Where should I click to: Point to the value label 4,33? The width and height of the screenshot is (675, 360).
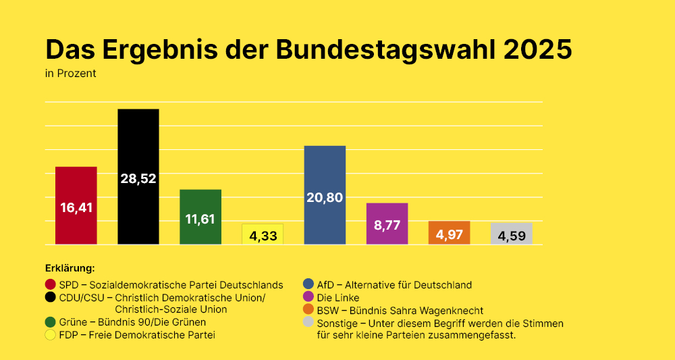tap(263, 236)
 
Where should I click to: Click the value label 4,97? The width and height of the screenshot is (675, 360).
tap(449, 235)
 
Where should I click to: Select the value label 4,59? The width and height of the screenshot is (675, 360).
tap(511, 236)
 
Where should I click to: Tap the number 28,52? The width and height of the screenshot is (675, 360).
tap(138, 179)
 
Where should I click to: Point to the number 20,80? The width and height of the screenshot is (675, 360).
tap(325, 198)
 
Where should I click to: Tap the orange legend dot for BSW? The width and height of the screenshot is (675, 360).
tap(309, 310)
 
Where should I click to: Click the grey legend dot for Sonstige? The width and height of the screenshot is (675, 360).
tap(309, 323)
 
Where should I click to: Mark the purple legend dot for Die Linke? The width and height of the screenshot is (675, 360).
tap(309, 297)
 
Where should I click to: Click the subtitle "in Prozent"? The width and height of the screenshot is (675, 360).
tap(70, 74)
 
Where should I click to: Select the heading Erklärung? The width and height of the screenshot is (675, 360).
tap(70, 268)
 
